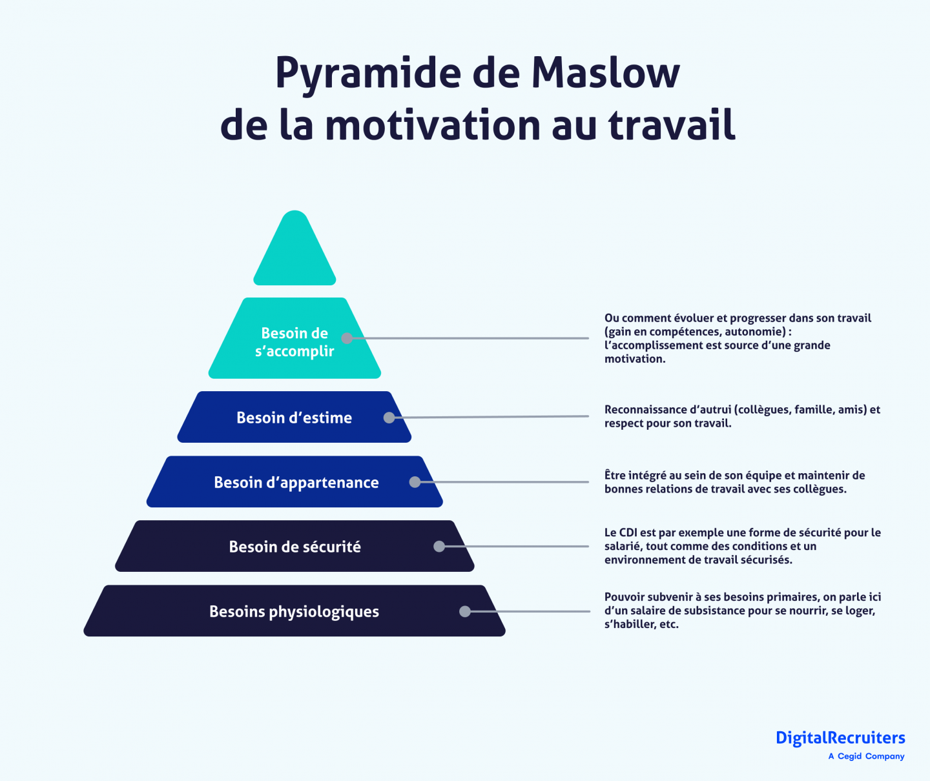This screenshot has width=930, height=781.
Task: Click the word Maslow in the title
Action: coord(605,72)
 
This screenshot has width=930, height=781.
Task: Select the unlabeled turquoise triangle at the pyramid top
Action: coord(294,248)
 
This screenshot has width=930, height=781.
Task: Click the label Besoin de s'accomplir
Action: coord(294,342)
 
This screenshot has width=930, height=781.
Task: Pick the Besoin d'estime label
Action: coord(294,418)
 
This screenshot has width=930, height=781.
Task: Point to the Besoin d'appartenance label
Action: coord(296,482)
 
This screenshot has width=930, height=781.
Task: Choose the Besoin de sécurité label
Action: coord(295,546)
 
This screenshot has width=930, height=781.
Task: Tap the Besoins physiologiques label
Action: coord(294,611)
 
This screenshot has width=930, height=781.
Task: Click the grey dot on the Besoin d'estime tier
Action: coord(389,418)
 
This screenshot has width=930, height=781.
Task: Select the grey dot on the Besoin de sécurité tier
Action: coord(439,546)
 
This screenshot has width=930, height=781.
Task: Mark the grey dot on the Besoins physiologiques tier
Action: coord(465,611)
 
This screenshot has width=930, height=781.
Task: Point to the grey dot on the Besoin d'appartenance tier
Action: coord(415,482)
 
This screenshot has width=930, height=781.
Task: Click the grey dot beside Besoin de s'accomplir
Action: coord(347,338)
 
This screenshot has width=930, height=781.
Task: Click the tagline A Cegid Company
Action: coord(866,756)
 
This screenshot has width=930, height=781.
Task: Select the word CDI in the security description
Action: coord(628,532)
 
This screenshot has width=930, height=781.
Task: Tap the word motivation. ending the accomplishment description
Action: coord(635,359)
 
